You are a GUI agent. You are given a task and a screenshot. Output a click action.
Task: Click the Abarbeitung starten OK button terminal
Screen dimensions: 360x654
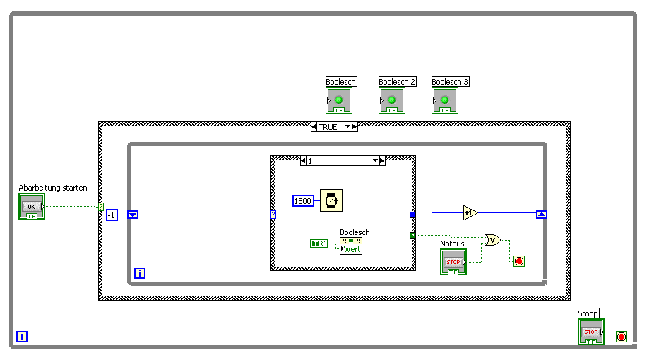tap(32, 206)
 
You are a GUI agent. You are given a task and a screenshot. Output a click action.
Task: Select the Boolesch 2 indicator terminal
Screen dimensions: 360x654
tap(392, 100)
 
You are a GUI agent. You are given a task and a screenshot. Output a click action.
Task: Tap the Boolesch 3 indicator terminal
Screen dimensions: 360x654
tap(445, 100)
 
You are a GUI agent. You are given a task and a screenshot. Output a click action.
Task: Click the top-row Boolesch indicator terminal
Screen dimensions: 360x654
tap(339, 100)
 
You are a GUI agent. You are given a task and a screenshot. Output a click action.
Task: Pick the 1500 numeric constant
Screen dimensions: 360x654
tap(303, 201)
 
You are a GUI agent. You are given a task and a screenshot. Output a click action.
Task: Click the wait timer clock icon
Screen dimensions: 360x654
tap(330, 200)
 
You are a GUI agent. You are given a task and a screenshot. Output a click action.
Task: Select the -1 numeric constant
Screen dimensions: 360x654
tap(112, 215)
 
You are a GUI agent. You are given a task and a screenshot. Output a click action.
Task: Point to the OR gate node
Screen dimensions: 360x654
tap(493, 240)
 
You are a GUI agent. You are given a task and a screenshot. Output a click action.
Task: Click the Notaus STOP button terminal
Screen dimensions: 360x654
tap(453, 262)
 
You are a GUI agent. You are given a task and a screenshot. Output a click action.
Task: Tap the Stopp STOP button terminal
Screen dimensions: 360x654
tap(591, 332)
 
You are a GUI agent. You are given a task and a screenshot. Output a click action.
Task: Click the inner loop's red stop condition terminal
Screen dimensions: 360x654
tap(519, 261)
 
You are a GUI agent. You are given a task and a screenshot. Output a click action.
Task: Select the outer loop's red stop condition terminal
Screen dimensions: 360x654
tap(622, 337)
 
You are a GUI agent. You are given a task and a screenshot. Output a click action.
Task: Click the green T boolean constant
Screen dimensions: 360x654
tap(319, 244)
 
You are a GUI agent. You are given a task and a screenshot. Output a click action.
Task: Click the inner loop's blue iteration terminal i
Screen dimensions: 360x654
tap(140, 273)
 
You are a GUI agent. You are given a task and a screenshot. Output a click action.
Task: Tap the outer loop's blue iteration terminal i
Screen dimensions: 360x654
tap(22, 337)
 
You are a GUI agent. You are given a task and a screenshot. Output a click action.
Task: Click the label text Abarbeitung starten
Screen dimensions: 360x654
tap(53, 188)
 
